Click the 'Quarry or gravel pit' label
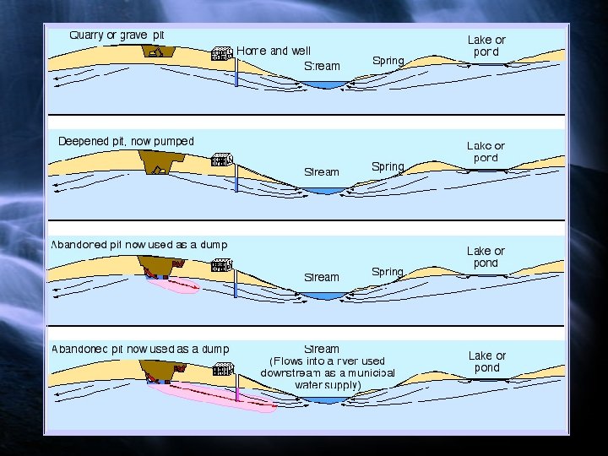click(x=117, y=35)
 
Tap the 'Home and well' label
click(x=274, y=51)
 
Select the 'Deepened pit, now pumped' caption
click(x=126, y=141)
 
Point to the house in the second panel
click(x=221, y=160)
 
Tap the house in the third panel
click(x=221, y=264)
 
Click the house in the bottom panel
click(x=223, y=369)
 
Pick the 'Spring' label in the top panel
click(x=388, y=61)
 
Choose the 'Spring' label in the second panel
click(x=388, y=166)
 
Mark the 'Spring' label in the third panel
click(x=388, y=272)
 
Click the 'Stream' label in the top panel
click(x=322, y=66)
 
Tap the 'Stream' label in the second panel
click(x=322, y=171)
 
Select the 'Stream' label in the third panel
click(x=322, y=277)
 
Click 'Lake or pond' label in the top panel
click(x=486, y=46)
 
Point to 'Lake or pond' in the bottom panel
click(x=486, y=361)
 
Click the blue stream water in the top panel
click(x=325, y=84)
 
